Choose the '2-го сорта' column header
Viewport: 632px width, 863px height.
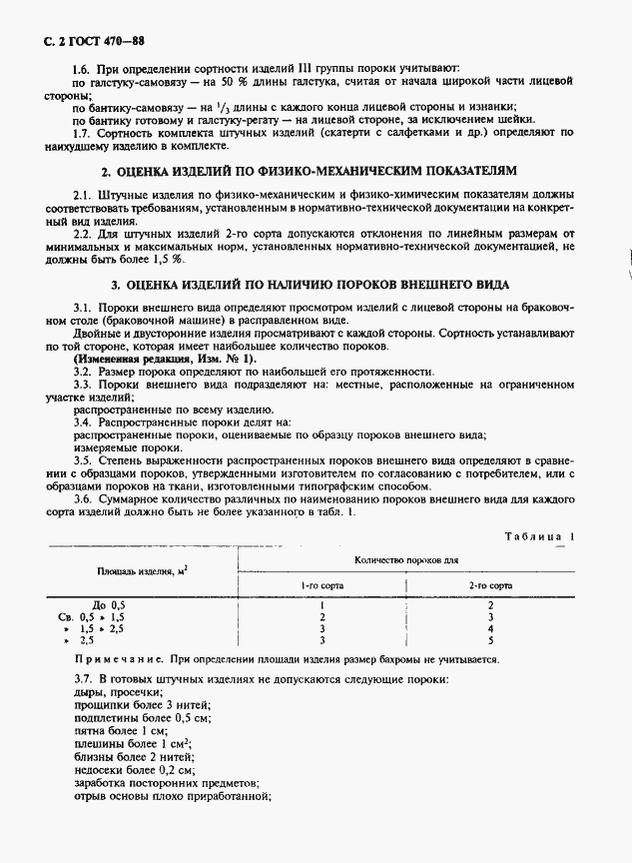tap(490, 585)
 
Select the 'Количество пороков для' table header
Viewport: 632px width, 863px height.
tap(406, 560)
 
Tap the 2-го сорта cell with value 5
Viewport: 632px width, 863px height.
tap(490, 640)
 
